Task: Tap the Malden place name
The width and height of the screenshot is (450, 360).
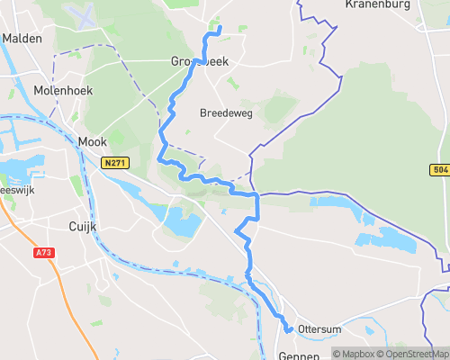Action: point(22,39)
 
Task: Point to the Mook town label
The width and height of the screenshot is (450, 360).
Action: point(92,141)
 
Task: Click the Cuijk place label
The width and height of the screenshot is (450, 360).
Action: point(83,227)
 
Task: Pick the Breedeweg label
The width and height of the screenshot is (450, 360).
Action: point(225,113)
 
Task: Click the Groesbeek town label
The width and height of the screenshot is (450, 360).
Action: point(199,62)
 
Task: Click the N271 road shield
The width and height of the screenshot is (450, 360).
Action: point(114,163)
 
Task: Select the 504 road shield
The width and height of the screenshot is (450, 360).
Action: point(440,170)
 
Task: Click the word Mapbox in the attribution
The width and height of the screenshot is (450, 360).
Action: point(356,354)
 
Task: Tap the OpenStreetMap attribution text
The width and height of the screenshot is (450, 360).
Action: point(415,354)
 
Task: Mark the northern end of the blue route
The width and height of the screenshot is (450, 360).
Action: point(220,31)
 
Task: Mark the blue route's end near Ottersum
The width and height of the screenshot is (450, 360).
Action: point(289,330)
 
